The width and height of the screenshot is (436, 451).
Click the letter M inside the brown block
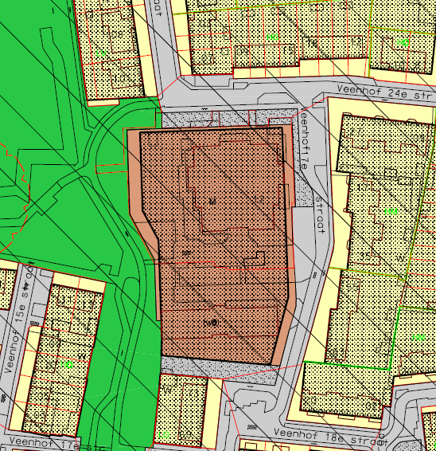212,200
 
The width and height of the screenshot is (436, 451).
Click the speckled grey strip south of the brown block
215,366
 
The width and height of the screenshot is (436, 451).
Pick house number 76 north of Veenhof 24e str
313,42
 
